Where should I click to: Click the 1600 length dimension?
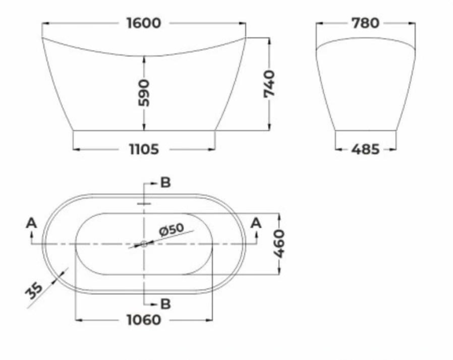[144, 23]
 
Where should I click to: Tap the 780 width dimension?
[365, 23]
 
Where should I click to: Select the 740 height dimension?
[269, 84]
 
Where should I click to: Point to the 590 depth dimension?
[144, 93]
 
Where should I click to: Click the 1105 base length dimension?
[144, 149]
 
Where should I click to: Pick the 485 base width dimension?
[365, 149]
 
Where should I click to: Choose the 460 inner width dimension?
[279, 244]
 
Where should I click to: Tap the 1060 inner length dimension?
[144, 320]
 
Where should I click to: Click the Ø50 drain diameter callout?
[172, 230]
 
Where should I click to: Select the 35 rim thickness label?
[34, 291]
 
